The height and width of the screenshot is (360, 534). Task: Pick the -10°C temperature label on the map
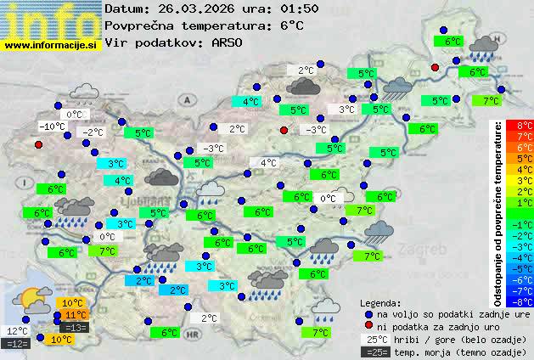click(52, 127)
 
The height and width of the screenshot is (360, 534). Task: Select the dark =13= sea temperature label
click(76, 328)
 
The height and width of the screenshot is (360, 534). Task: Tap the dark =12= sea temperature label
click(16, 343)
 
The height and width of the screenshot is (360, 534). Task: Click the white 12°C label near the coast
click(17, 331)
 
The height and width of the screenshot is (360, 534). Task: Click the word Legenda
click(380, 302)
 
